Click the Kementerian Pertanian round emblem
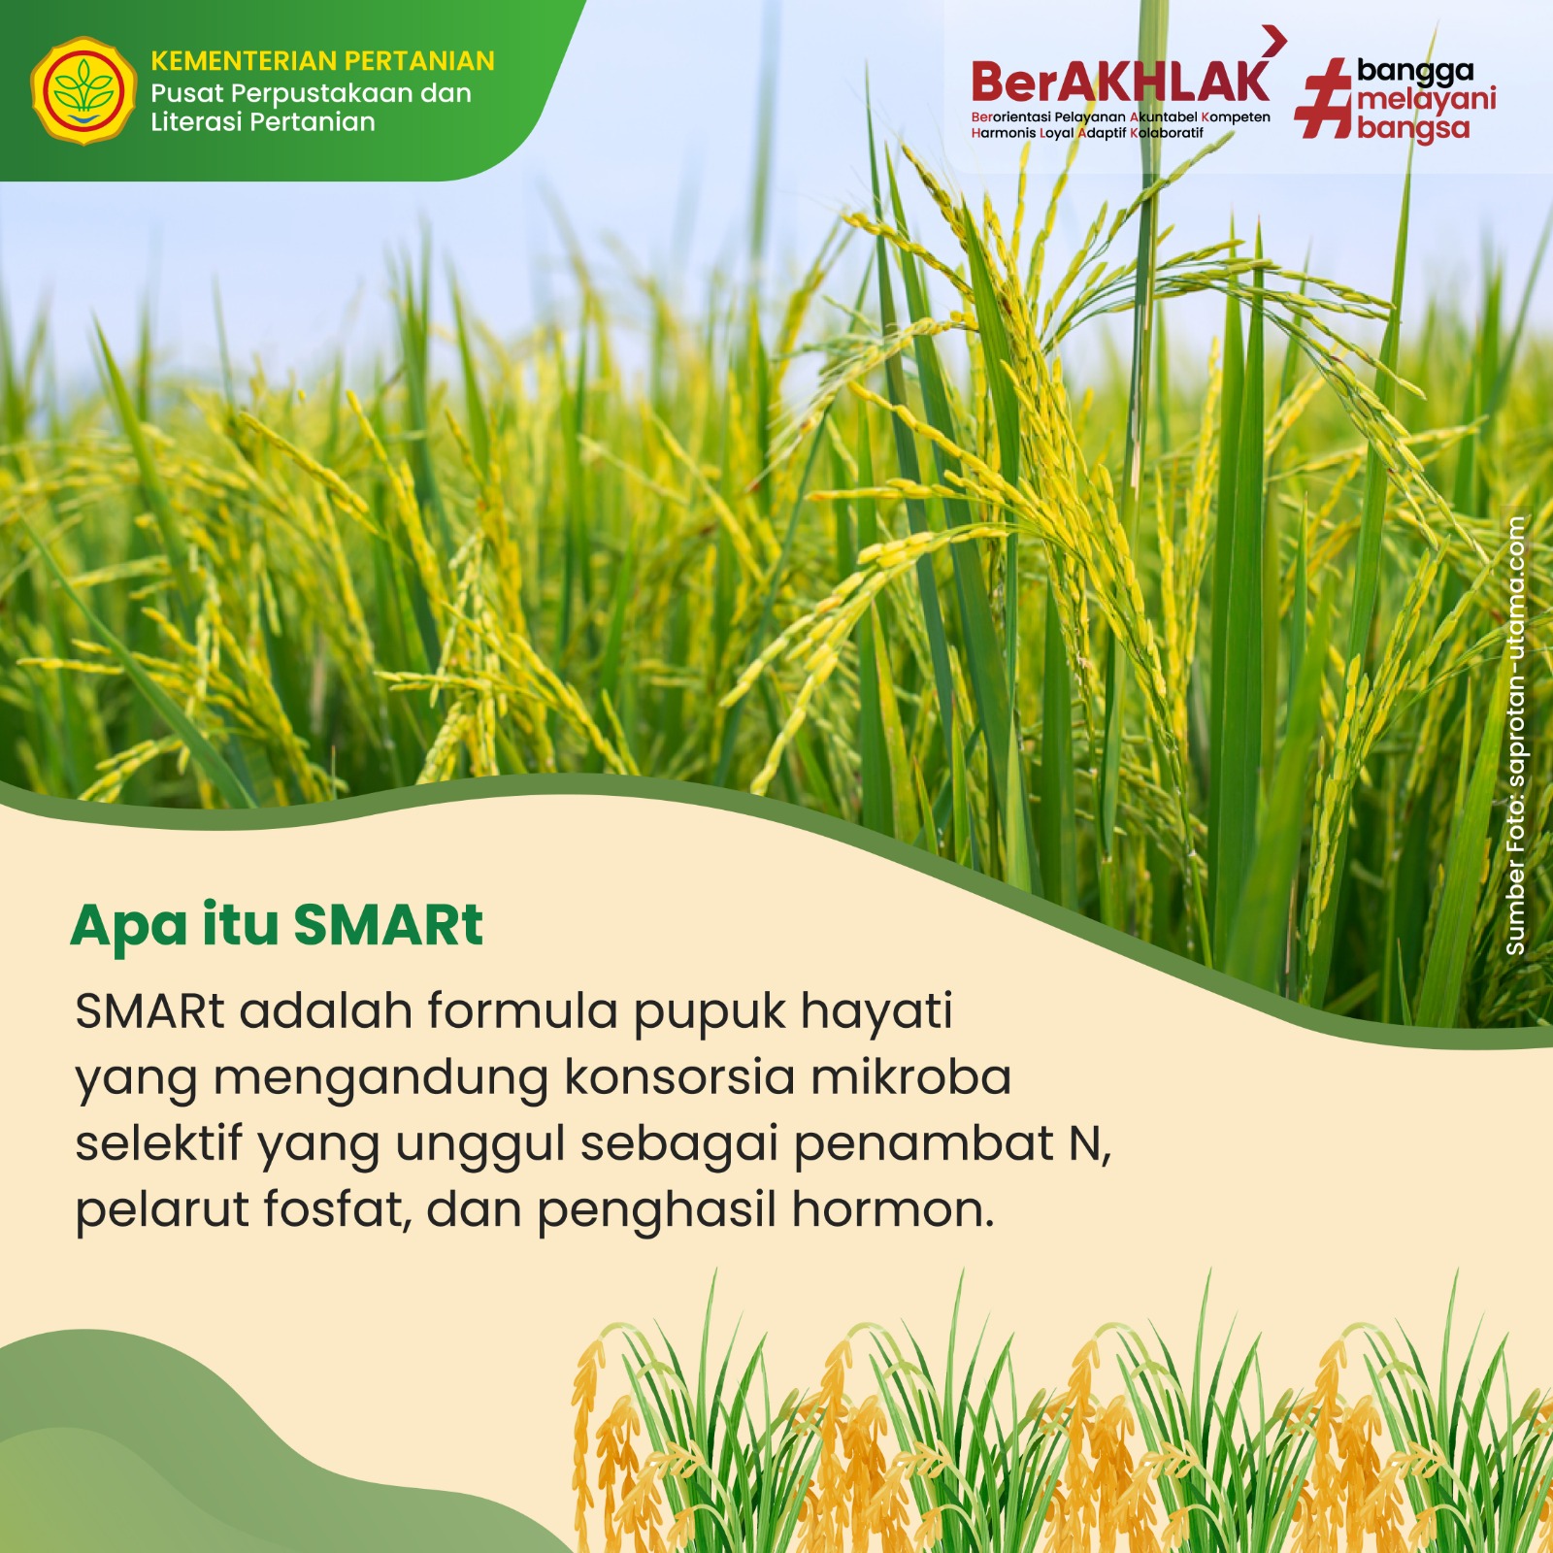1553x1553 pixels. point(83,91)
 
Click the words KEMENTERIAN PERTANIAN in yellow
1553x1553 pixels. point(322,61)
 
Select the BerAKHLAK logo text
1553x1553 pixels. point(1120,83)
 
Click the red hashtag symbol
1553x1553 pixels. point(1324,98)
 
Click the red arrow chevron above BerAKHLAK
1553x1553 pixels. point(1274,40)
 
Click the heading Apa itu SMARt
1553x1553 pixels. point(277,925)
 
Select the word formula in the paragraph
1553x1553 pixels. point(522,1010)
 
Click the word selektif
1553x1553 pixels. point(158,1143)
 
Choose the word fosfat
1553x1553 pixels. point(338,1209)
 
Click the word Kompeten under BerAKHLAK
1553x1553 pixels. point(1236,117)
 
